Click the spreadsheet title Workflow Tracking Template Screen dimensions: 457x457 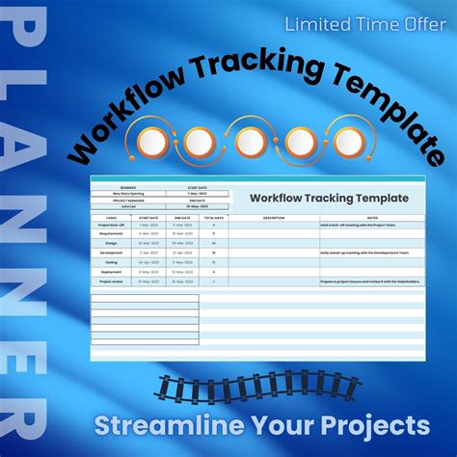click(x=329, y=198)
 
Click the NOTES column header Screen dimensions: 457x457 click(x=371, y=217)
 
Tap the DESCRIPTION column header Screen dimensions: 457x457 click(x=275, y=217)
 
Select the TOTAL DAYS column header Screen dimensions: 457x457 click(x=213, y=217)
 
